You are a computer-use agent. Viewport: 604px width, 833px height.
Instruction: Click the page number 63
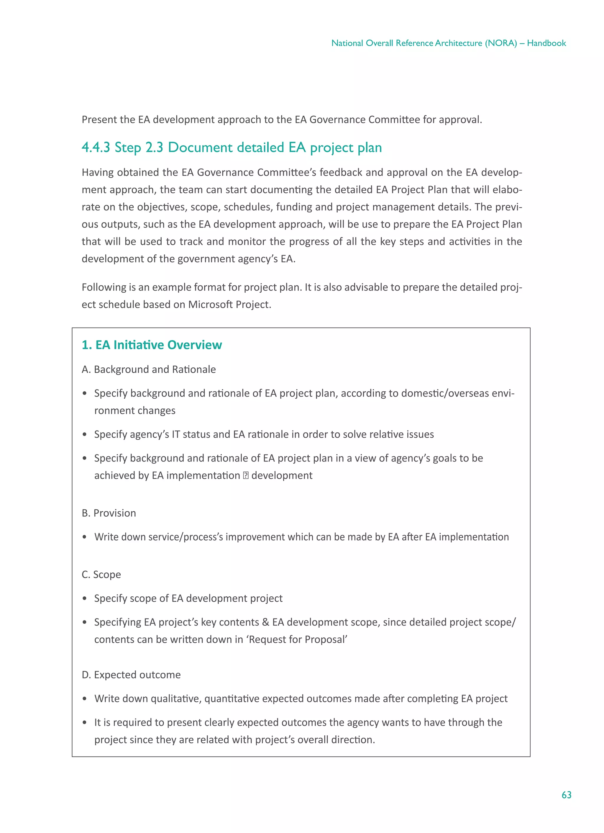pyautogui.click(x=566, y=795)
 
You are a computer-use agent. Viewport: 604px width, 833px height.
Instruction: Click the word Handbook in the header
pyautogui.click(x=546, y=43)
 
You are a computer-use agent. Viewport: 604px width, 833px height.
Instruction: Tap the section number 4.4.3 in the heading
pyautogui.click(x=96, y=147)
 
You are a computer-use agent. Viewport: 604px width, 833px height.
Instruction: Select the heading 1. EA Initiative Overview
pyautogui.click(x=152, y=345)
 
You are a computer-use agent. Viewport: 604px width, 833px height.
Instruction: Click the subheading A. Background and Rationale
pyautogui.click(x=149, y=369)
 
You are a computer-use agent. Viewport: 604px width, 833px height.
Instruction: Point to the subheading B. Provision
pyautogui.click(x=109, y=513)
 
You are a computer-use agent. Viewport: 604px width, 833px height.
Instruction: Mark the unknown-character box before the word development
pyautogui.click(x=246, y=475)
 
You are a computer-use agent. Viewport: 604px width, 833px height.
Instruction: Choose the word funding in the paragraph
pyautogui.click(x=294, y=207)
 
